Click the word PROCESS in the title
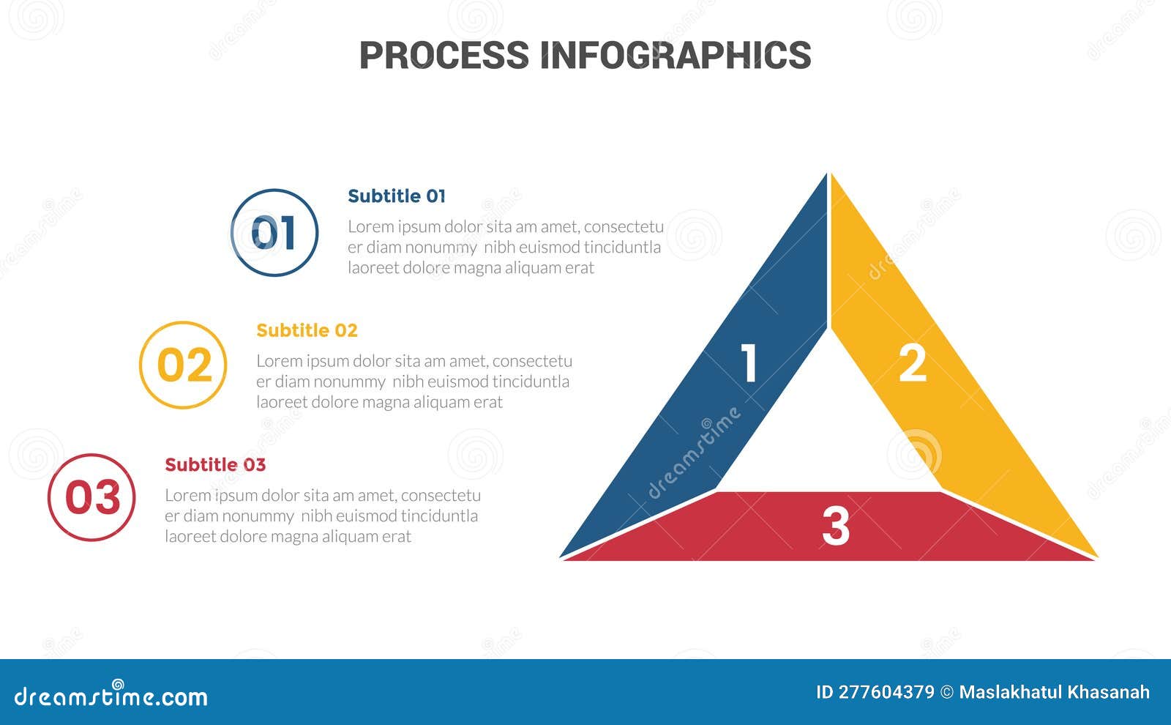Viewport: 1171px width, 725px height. [x=444, y=56]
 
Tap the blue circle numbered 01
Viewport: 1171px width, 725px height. [x=274, y=233]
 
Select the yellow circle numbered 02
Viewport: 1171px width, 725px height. [x=183, y=365]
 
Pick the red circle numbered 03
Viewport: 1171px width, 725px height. [x=91, y=497]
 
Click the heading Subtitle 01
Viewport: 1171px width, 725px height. [x=396, y=196]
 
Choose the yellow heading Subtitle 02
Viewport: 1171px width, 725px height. [x=307, y=330]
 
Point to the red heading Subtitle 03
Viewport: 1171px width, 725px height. [x=215, y=465]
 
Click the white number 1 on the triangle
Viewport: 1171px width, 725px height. [x=748, y=362]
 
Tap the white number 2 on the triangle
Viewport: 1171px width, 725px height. [x=912, y=362]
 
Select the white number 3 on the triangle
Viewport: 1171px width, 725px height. [x=835, y=526]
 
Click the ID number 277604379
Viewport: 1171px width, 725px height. [x=886, y=692]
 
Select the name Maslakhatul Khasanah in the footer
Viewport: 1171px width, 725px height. [x=1054, y=692]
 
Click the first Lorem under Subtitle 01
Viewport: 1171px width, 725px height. [x=370, y=226]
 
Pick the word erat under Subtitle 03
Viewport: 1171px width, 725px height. [x=396, y=537]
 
